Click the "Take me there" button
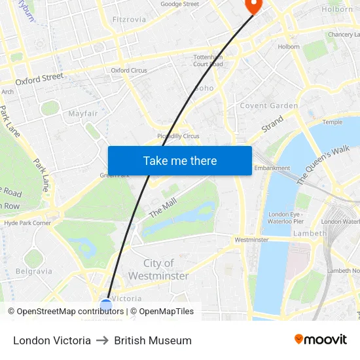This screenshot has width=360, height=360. click(x=179, y=160)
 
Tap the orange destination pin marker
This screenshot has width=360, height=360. click(x=252, y=5)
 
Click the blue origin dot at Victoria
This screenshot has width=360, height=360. click(x=106, y=304)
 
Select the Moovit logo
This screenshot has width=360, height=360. click(x=320, y=340)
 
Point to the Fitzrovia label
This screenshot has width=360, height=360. click(x=129, y=20)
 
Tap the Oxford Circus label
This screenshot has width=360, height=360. click(x=128, y=70)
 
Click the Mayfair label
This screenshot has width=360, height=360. click(x=83, y=113)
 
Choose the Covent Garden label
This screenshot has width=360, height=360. click(x=269, y=105)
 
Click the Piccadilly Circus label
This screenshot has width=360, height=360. click(x=178, y=136)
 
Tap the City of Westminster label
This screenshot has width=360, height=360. click(x=158, y=269)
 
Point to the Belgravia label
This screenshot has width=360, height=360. click(x=33, y=271)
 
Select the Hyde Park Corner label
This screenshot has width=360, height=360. click(x=27, y=223)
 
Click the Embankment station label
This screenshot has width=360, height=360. click(x=272, y=168)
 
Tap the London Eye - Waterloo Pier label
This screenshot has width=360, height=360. click(x=285, y=218)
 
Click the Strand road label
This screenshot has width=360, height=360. click(x=272, y=124)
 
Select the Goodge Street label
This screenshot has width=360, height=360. click(x=179, y=4)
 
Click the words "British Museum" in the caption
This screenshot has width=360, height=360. click(x=153, y=340)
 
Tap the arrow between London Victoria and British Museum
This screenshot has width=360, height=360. click(x=102, y=340)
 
